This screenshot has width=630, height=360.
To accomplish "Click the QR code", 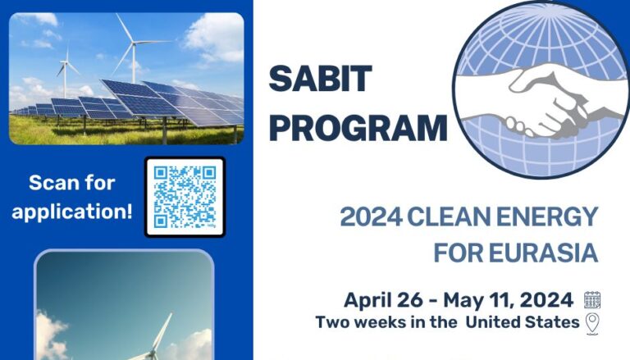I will [x=185, y=197].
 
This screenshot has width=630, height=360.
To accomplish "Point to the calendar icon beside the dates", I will [x=592, y=300].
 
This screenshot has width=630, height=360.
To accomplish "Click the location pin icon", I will [x=592, y=322].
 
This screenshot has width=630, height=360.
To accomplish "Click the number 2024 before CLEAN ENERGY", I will [x=369, y=218].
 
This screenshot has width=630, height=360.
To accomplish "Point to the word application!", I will [x=72, y=210].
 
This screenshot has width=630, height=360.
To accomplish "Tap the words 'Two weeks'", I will [x=358, y=322].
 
